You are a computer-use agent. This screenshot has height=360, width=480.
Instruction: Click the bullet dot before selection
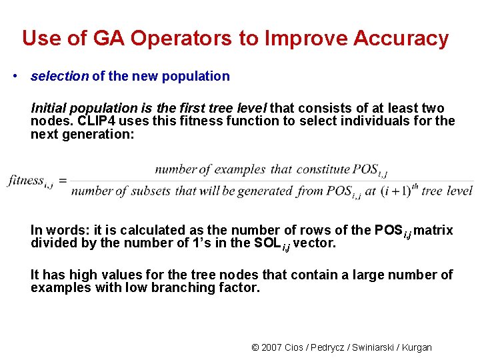(x=15, y=76)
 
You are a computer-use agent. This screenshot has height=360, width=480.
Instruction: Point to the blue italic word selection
(x=59, y=76)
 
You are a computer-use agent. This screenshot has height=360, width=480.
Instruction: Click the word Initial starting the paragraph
(x=49, y=108)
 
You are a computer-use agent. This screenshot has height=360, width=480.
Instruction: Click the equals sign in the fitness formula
(x=62, y=181)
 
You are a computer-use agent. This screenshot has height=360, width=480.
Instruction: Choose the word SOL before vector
(x=268, y=243)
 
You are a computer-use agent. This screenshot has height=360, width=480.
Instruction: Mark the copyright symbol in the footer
(x=255, y=347)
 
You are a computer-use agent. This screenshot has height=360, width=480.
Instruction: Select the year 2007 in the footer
(x=271, y=347)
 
